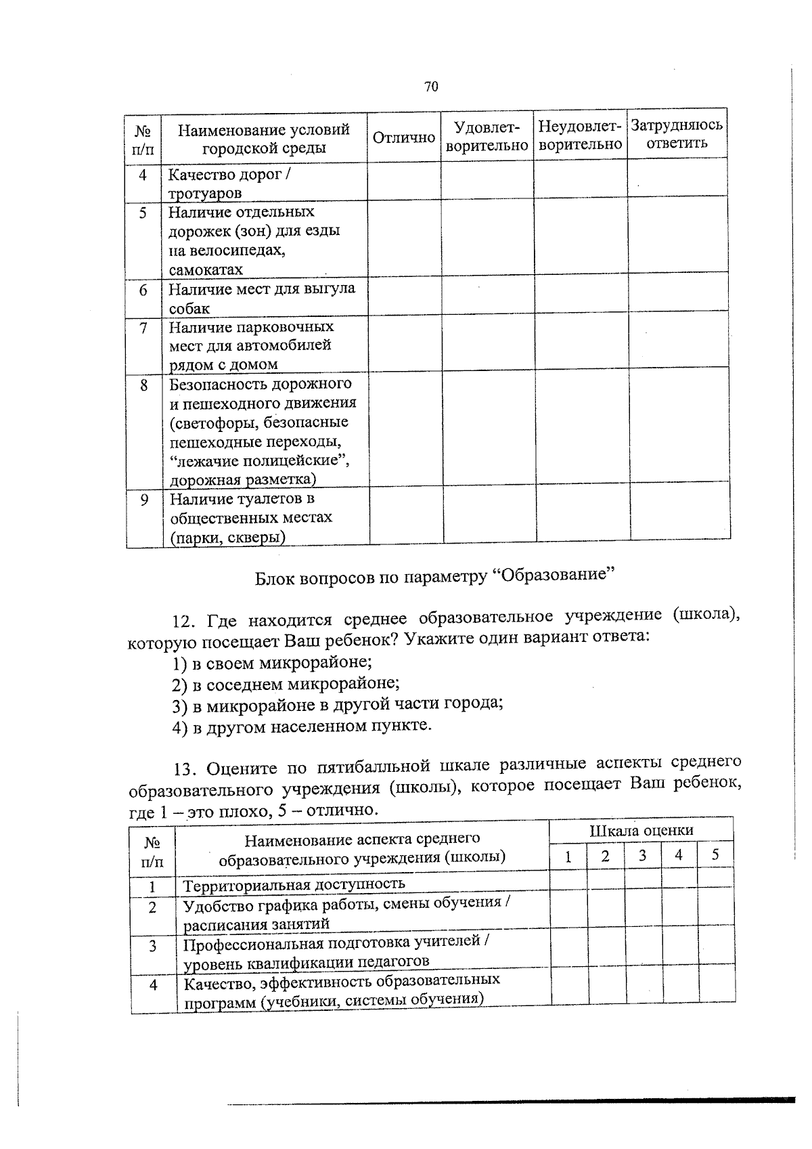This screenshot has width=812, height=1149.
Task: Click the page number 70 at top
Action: [431, 86]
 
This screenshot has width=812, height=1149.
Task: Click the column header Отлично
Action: [404, 137]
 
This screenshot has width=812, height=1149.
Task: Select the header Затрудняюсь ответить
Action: [676, 134]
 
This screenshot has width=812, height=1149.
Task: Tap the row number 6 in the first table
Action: [143, 290]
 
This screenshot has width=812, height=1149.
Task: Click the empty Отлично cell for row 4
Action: [404, 182]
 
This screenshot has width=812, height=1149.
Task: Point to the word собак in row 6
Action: [189, 309]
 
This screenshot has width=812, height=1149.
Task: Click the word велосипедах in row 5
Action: [227, 251]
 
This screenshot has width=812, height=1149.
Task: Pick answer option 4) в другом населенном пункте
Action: [302, 727]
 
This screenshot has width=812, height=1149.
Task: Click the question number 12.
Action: [185, 621]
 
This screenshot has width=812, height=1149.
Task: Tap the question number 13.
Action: [185, 768]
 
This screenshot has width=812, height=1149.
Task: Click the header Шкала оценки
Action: [641, 831]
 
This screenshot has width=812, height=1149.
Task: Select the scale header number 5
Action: [715, 855]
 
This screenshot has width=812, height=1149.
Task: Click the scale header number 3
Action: [642, 855]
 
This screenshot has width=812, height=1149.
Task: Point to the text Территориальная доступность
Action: [294, 884]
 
